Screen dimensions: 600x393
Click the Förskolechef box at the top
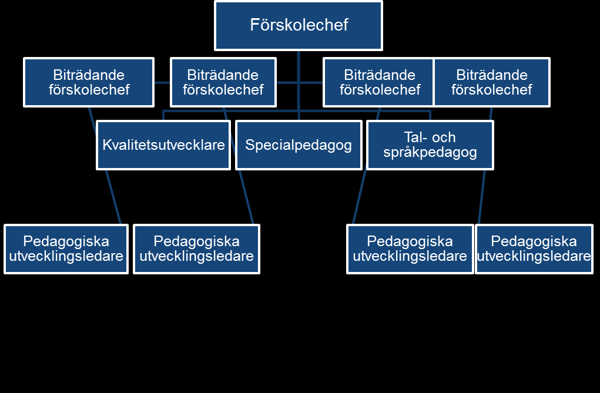[x=299, y=26]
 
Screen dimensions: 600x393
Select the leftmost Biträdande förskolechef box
[x=89, y=82]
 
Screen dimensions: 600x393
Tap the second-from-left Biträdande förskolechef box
[x=223, y=82]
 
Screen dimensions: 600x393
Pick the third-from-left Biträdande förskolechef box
[x=378, y=82]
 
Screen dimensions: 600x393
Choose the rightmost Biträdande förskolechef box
[x=492, y=82]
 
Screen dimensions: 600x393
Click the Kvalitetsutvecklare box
[x=163, y=145]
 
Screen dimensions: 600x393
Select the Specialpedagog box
[x=299, y=145]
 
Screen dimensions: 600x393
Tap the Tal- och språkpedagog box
[x=430, y=145]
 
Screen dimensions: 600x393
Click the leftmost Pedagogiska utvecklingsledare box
[x=66, y=249]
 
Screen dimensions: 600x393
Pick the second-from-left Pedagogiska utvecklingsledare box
[x=197, y=249]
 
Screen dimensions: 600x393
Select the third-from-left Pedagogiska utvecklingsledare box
[x=410, y=249]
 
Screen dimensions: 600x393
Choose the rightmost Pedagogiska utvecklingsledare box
[x=534, y=249]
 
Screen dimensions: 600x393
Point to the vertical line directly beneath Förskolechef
[x=299, y=85]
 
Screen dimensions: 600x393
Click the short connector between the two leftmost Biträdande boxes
[x=162, y=82]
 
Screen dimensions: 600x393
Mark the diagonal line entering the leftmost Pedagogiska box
[x=113, y=197]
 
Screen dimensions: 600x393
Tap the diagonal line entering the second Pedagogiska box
[x=246, y=197]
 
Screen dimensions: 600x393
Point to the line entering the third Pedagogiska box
[x=359, y=197]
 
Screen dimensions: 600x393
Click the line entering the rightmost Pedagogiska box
[x=482, y=197]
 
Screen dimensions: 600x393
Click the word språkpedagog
[x=430, y=152]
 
